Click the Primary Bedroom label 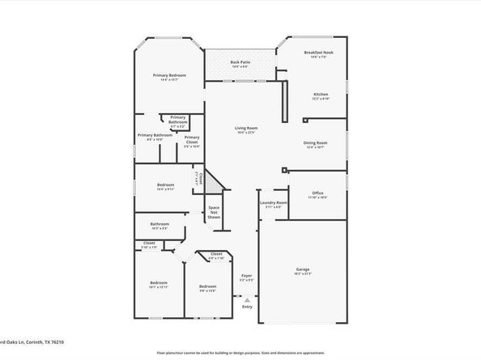point(170,75)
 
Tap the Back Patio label point(239,61)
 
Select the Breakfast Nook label point(319,53)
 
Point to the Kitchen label point(321,95)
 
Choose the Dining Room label point(315,142)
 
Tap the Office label point(317,193)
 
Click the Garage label point(302,269)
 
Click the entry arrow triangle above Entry point(247,299)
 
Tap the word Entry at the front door point(247,306)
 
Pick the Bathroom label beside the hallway point(160,224)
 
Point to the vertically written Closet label point(198,179)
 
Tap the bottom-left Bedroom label point(158,283)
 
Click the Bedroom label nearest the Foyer point(208,286)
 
